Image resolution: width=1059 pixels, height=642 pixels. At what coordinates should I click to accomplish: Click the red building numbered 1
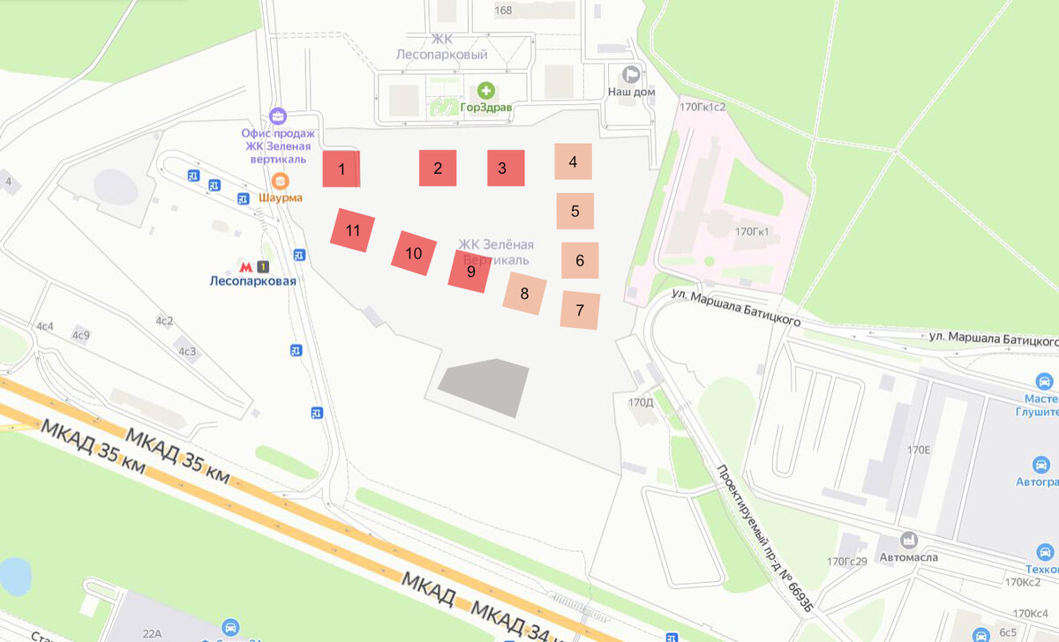point(341,168)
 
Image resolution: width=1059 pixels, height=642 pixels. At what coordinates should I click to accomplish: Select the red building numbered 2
point(438,168)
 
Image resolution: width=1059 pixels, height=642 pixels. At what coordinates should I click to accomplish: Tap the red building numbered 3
point(506,168)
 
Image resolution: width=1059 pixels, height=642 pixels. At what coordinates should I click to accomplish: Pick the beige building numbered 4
point(573,161)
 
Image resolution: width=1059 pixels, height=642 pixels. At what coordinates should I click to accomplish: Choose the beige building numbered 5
point(575,211)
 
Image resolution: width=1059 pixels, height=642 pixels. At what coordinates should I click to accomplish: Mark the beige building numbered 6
point(580,260)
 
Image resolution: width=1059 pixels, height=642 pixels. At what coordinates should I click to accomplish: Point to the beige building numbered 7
point(580,310)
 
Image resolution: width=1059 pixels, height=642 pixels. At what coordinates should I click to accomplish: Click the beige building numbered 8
point(524,293)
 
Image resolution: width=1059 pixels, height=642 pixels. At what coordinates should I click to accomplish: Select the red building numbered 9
point(470,271)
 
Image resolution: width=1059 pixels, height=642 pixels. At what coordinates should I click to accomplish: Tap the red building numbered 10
point(414,252)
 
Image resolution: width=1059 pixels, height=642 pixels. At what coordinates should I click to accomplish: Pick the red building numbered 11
point(353,231)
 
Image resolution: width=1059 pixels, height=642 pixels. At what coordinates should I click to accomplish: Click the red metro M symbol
point(245,266)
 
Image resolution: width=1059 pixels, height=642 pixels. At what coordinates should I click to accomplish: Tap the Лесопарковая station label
point(252,281)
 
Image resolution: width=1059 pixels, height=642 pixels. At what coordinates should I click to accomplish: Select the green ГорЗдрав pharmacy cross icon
point(485,90)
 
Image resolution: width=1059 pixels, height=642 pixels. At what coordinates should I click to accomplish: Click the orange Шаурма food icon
point(280,182)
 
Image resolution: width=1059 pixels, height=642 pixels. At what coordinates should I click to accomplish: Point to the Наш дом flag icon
point(631,74)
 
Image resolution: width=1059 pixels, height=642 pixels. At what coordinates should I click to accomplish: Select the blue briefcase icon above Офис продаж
point(278,116)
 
